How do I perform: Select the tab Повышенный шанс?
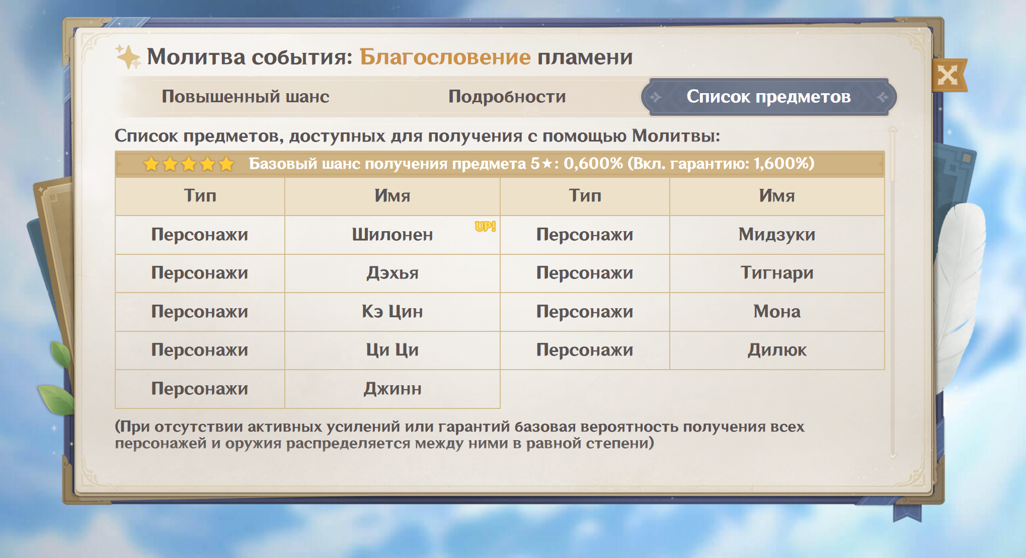pos(246,96)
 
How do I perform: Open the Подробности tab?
pos(507,96)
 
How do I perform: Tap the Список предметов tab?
pos(768,97)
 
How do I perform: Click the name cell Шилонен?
pos(392,235)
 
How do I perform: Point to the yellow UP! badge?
pos(485,227)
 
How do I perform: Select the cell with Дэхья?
pos(392,273)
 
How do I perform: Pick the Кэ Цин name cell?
pos(392,312)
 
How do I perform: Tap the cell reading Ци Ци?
pos(392,350)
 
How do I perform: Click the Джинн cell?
pos(392,389)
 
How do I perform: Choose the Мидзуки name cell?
pos(777,235)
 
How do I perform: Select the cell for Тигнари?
pos(777,273)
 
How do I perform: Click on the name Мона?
pos(777,312)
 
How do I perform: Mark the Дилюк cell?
pos(777,350)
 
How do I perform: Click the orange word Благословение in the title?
pos(445,57)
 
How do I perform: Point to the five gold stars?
pos(189,164)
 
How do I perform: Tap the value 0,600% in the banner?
pos(593,164)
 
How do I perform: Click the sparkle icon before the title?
pos(128,56)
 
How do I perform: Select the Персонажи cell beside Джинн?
pos(200,389)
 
